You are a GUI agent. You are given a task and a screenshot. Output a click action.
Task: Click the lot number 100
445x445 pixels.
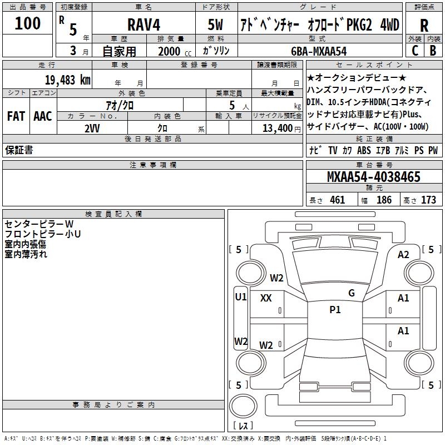[28, 23]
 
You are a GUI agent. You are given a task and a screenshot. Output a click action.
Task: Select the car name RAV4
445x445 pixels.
[143, 25]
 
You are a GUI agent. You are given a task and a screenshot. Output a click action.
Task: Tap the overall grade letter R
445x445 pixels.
[424, 26]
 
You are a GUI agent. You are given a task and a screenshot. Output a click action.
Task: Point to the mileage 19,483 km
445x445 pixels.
[68, 80]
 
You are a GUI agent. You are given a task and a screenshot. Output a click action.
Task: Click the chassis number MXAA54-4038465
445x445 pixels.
[373, 177]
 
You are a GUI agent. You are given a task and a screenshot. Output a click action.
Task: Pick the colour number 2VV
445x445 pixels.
[92, 127]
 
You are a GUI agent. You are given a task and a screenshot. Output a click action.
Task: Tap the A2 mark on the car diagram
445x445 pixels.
[403, 254]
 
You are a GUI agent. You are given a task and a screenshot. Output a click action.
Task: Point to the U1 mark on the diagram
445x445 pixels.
[241, 296]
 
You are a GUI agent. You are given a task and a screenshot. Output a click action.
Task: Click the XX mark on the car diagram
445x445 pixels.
[266, 298]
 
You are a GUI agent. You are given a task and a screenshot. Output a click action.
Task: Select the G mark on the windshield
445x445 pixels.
[351, 293]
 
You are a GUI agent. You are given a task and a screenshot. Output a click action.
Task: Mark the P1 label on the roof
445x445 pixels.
[335, 310]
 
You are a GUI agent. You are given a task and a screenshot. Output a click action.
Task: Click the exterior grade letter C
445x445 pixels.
[414, 51]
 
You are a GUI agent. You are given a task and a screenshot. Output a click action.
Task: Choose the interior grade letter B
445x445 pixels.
[433, 51]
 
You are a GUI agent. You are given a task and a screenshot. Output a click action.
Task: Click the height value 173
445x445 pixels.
[428, 200]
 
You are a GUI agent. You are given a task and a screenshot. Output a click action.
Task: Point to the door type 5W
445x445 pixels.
[216, 25]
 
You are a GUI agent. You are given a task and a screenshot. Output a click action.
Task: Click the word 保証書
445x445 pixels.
[19, 151]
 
